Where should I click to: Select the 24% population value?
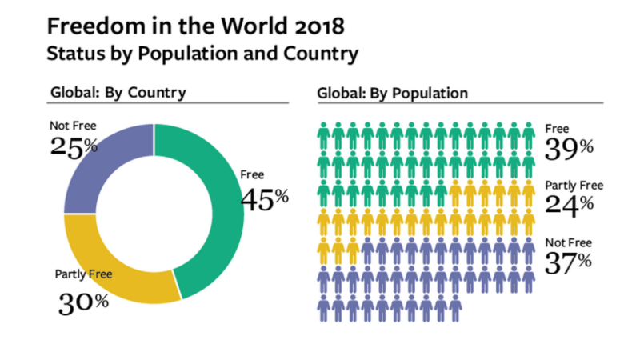coord(569,203)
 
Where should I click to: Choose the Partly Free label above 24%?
coord(574,185)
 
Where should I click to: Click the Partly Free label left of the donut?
coord(83,275)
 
